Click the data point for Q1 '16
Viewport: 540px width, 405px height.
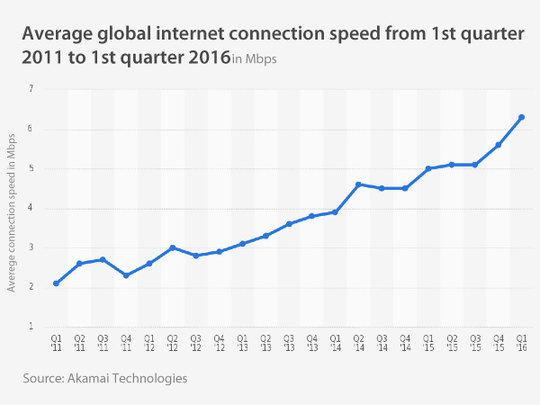[521, 117]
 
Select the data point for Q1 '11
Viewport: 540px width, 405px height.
[56, 283]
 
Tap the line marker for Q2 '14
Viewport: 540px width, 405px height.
[358, 184]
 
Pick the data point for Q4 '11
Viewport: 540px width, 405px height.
[126, 275]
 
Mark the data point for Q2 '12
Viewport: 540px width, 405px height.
[172, 247]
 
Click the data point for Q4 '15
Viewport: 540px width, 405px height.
[498, 145]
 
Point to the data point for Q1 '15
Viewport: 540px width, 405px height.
[428, 168]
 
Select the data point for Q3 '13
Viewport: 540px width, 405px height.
[289, 224]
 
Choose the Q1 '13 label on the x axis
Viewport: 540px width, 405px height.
[242, 343]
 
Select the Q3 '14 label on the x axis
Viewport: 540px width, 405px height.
[382, 343]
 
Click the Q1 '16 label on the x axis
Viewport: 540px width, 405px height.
[521, 343]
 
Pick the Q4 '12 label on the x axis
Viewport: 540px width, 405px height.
[219, 343]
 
